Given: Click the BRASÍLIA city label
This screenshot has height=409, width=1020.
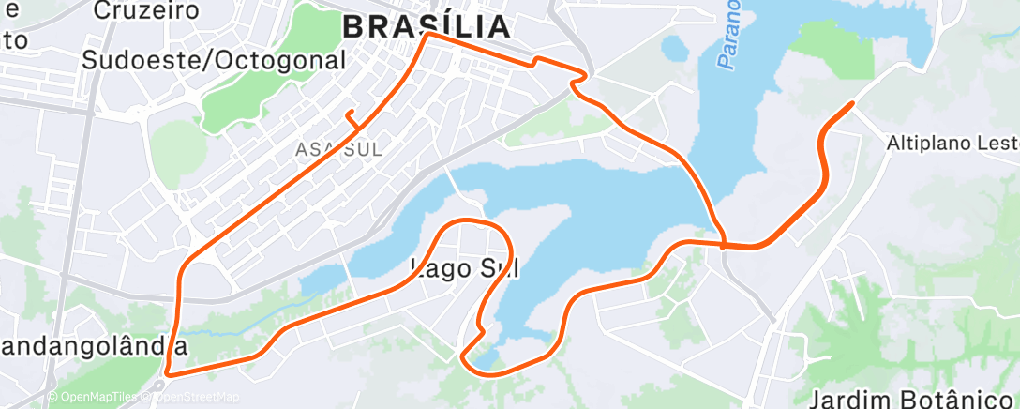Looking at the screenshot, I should pyautogui.click(x=427, y=25).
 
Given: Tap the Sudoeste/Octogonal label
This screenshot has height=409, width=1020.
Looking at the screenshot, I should pyautogui.click(x=214, y=60).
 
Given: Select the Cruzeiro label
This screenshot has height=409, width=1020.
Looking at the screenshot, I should pyautogui.click(x=148, y=11).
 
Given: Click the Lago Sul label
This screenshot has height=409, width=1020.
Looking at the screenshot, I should pyautogui.click(x=466, y=268).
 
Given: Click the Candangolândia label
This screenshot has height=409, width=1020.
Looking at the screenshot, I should pyautogui.click(x=94, y=346).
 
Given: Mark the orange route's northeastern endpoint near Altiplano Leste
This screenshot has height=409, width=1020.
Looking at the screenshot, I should pyautogui.click(x=851, y=103).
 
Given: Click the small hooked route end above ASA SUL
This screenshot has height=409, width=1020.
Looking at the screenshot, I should pyautogui.click(x=350, y=114).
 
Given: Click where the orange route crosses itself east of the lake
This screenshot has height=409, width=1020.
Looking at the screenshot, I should pyautogui.click(x=725, y=244).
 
